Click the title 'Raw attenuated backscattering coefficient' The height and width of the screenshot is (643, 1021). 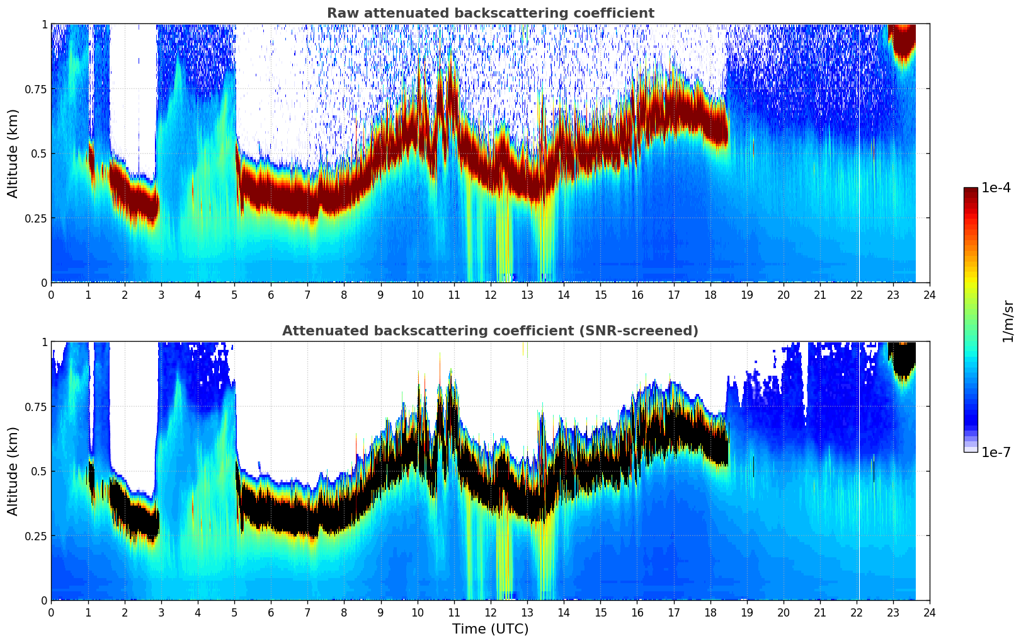(x=490, y=13)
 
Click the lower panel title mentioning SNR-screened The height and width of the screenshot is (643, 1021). (x=490, y=331)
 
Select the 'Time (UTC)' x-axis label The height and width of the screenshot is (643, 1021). (x=490, y=629)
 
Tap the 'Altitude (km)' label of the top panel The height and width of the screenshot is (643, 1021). (x=13, y=153)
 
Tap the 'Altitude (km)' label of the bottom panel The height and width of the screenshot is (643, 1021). (x=13, y=471)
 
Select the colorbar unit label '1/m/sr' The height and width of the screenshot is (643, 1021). (x=1008, y=321)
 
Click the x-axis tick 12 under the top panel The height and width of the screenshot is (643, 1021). (x=491, y=294)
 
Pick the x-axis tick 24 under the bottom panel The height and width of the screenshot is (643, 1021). (x=930, y=612)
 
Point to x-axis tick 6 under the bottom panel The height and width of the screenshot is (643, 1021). (x=271, y=612)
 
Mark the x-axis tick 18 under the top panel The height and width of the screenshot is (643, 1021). (x=710, y=294)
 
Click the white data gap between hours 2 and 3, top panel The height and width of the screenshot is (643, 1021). (x=133, y=95)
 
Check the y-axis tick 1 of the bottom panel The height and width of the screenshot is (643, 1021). (x=45, y=342)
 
